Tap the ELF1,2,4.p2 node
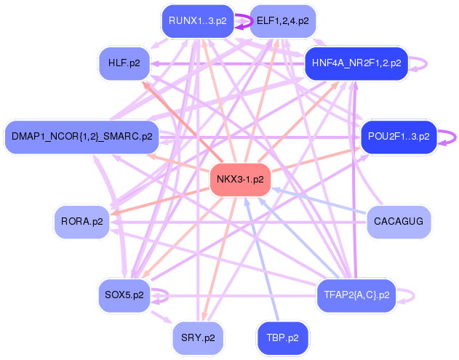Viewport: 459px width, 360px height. pos(282,21)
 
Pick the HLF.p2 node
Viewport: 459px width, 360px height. pos(129,63)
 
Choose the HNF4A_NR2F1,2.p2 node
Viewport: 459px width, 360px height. pos(356,63)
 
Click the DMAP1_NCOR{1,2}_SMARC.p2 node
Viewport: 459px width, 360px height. pos(82,136)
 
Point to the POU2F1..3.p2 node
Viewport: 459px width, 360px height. pos(399,136)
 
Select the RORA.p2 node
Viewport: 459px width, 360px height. pos(81,221)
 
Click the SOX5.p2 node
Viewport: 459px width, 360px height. pos(124,295)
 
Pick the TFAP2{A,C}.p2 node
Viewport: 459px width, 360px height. pos(356,295)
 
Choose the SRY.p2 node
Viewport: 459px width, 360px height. pos(199,337)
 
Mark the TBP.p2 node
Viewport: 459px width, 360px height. pos(282,337)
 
